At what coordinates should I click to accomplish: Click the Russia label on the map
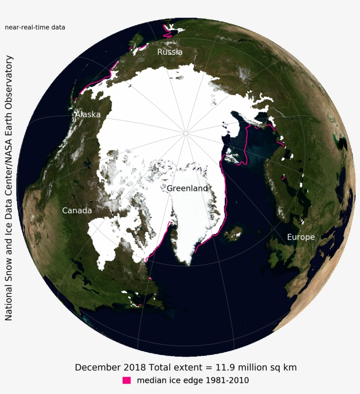[x=170, y=52]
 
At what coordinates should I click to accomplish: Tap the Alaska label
[x=88, y=115]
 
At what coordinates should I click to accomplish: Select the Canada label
[x=77, y=211]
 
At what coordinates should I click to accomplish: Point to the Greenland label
[x=187, y=188]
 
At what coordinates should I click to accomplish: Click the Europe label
[x=301, y=237]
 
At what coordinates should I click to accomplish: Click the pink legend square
[x=127, y=380]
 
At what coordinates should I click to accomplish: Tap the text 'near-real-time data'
[x=35, y=27]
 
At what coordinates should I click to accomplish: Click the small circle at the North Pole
[x=186, y=133]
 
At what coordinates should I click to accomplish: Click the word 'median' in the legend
[x=152, y=380]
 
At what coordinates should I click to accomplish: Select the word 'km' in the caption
[x=291, y=367]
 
